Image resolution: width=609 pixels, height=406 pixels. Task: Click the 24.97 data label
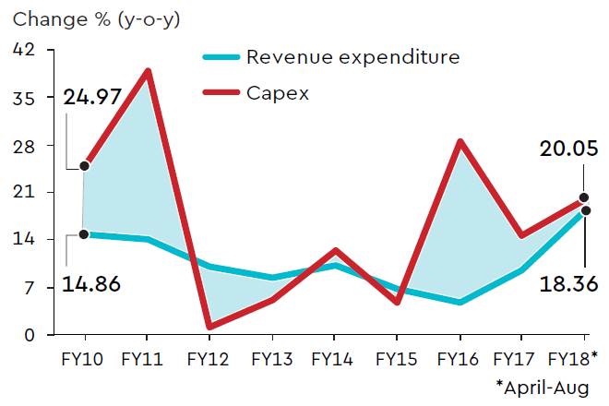92,96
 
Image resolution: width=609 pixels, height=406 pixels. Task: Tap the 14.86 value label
92,283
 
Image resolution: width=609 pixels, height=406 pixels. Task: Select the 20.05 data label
569,149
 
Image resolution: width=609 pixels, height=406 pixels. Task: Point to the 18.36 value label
569,283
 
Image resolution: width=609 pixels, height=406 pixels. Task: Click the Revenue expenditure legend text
353,58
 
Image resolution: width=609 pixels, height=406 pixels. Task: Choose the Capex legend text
277,92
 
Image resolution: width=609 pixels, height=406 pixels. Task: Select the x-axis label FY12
209,358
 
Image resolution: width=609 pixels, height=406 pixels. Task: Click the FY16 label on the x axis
460,358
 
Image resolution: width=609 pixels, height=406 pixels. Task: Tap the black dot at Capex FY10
84,166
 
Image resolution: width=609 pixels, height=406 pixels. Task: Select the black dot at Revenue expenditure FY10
84,234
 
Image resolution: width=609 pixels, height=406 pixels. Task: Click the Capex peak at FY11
148,71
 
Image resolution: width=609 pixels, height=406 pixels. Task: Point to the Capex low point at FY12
210,326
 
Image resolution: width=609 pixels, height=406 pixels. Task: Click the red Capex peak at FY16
460,141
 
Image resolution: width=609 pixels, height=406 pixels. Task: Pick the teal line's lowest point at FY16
460,302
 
